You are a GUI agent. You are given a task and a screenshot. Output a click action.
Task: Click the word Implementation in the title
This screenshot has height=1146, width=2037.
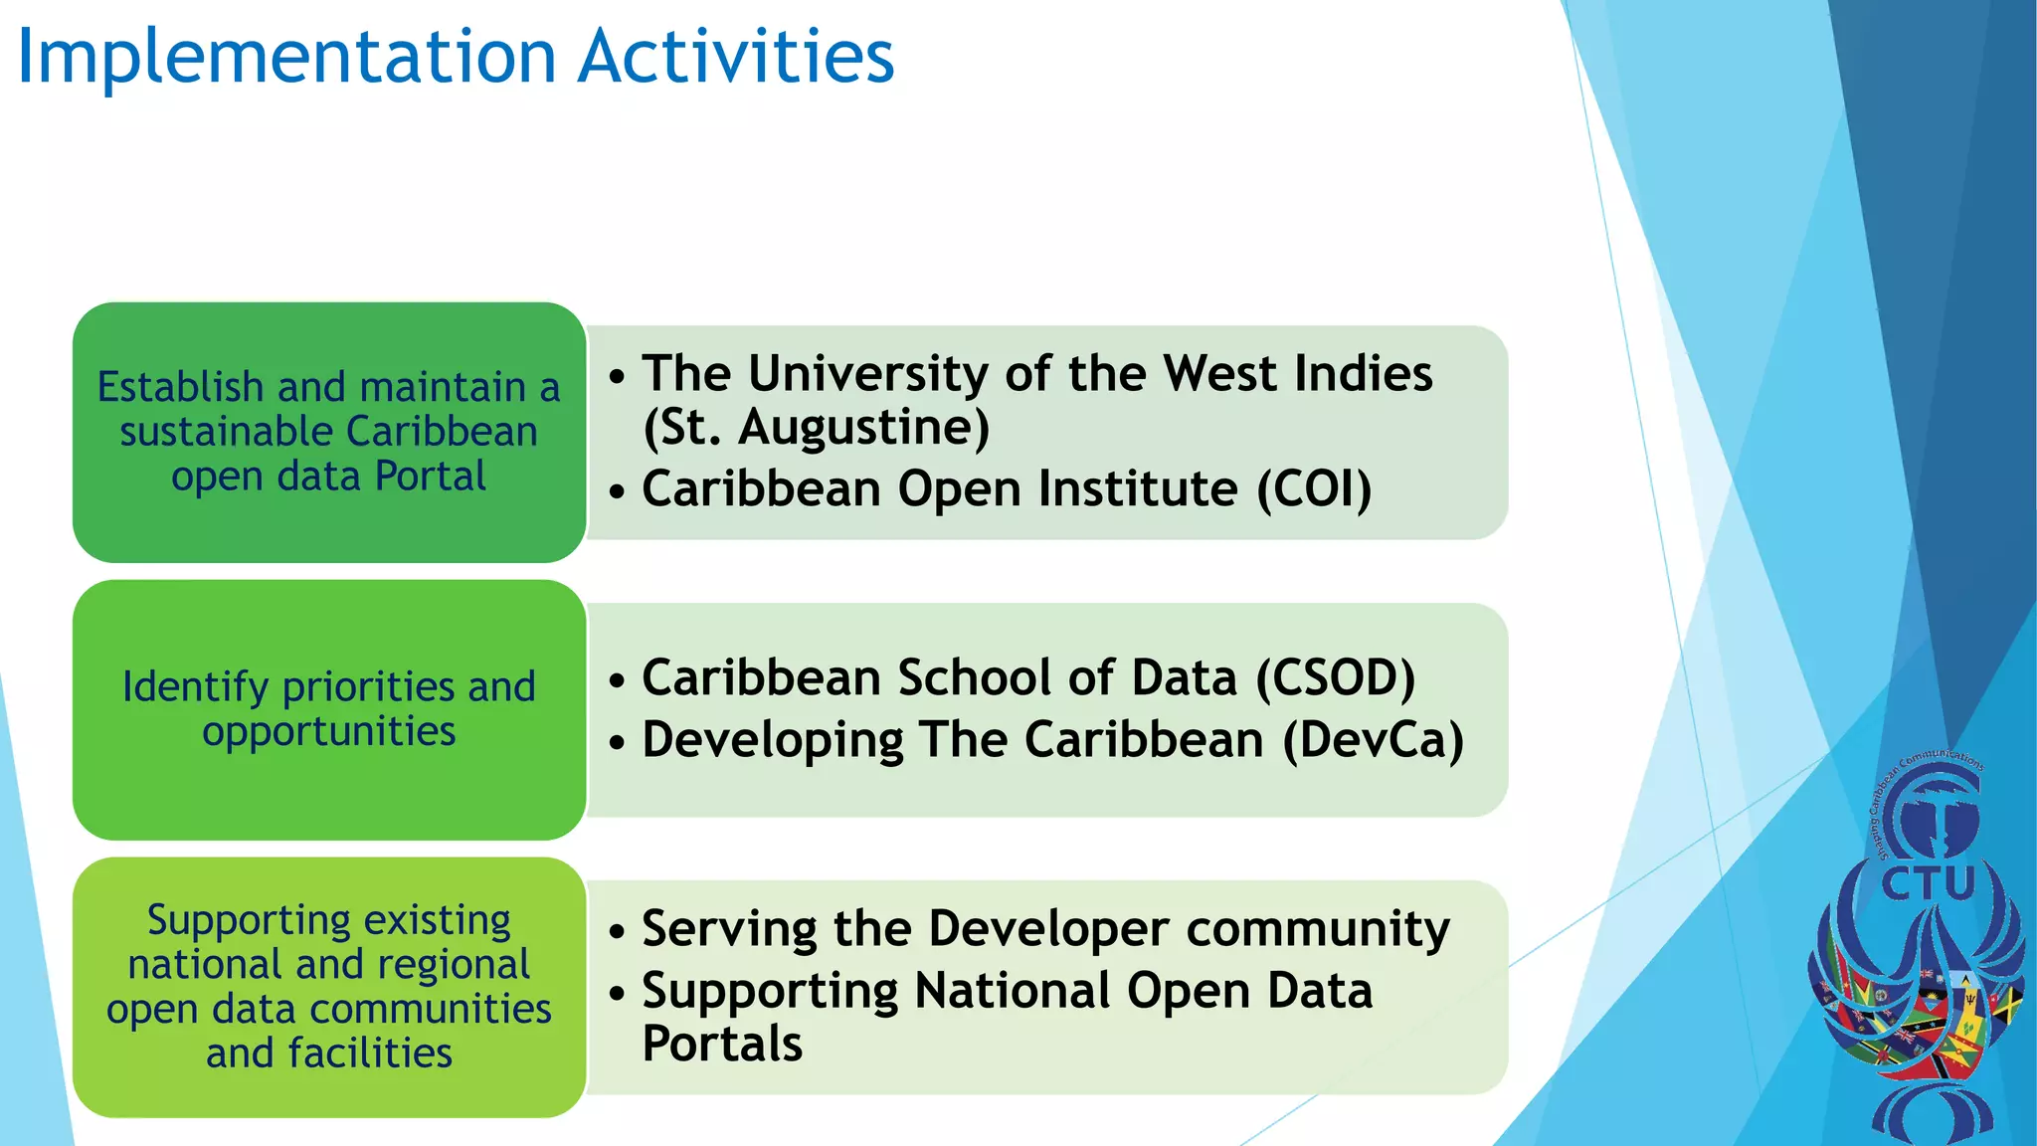[x=286, y=58]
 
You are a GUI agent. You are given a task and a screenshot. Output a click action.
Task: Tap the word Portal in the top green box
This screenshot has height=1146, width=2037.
[x=431, y=477]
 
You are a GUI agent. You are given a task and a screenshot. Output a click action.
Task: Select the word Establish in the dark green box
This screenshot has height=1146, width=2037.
[x=180, y=387]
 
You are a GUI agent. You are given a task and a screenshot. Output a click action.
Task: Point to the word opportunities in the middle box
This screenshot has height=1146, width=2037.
[x=329, y=732]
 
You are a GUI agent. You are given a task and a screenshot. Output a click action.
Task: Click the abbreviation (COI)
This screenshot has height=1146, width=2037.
[x=1314, y=489]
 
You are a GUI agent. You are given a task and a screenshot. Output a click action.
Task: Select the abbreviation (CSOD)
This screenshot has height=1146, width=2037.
[x=1335, y=678]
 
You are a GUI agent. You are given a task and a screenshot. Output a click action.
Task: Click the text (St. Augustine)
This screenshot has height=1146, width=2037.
[x=816, y=428]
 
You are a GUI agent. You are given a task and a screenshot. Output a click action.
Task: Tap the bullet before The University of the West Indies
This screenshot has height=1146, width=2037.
[x=618, y=377]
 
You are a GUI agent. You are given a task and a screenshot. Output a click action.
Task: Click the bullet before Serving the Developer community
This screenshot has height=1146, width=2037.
[x=618, y=932]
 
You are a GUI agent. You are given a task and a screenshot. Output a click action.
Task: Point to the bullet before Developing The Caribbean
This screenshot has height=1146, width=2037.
[x=618, y=743]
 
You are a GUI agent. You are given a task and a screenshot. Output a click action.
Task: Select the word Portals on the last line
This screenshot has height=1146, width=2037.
[x=722, y=1045]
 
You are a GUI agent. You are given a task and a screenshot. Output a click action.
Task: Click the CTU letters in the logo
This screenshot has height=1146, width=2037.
[x=1927, y=883]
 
